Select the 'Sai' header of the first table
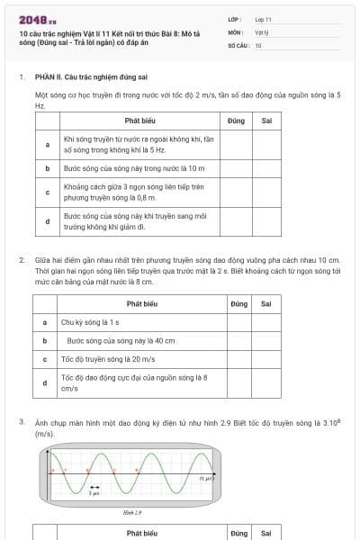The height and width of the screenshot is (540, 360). (x=266, y=120)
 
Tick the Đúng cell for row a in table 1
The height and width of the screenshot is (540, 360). (x=237, y=144)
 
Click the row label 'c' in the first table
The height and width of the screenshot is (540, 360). (x=47, y=192)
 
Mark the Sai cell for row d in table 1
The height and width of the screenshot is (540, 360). (x=266, y=220)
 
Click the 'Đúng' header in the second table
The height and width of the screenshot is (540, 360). (x=238, y=304)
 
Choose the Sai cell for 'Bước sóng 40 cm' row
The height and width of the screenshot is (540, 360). (x=266, y=341)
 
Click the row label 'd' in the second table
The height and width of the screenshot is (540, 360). (x=45, y=382)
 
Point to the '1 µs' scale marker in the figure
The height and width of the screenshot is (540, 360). (x=94, y=494)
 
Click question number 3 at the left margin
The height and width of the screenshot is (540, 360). (x=22, y=421)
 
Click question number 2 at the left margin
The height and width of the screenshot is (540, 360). (x=22, y=260)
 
